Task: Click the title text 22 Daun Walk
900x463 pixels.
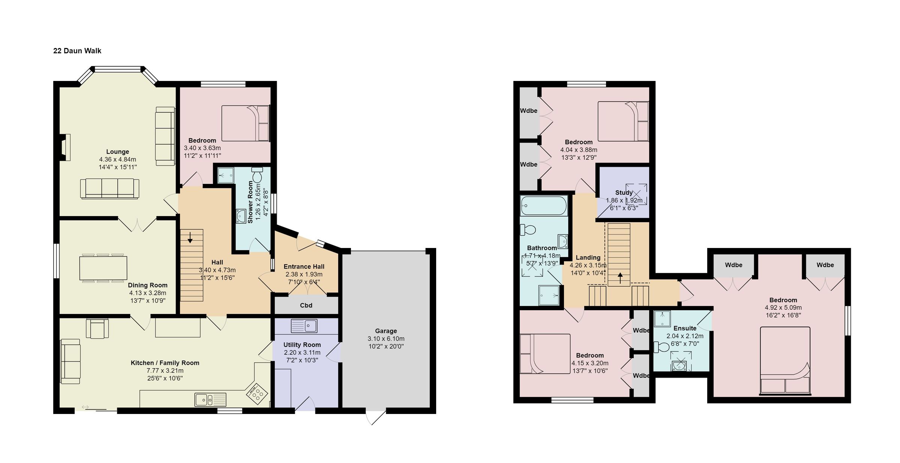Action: (77, 51)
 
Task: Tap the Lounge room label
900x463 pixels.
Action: (117, 152)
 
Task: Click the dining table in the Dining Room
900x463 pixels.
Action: (103, 268)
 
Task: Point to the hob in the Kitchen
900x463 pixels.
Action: (257, 393)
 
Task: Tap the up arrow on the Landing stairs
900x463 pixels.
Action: (620, 278)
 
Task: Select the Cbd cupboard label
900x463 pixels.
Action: (306, 305)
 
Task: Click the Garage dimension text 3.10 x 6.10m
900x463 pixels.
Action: (386, 339)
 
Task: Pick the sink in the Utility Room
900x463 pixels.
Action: (304, 326)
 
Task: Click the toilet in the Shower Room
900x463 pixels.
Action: (258, 175)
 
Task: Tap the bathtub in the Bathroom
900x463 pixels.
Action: (544, 206)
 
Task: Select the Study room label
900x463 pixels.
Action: (624, 193)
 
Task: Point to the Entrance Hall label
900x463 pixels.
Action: (304, 267)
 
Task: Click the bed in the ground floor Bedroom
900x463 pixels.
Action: (246, 123)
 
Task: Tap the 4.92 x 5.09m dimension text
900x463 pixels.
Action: (783, 308)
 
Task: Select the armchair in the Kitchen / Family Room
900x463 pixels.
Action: (97, 328)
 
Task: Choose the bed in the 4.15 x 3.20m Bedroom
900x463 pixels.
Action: (544, 354)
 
